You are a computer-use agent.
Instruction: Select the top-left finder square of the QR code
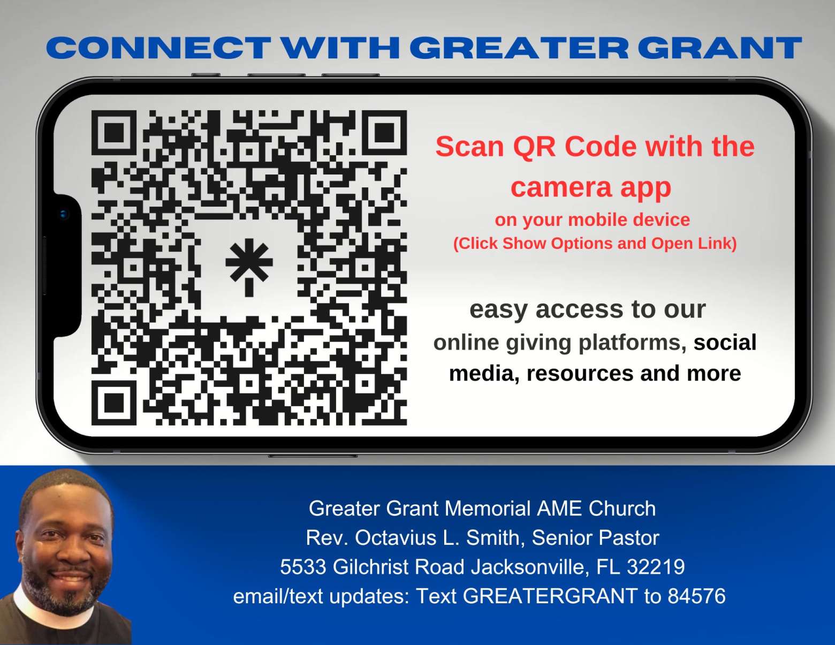click(113, 133)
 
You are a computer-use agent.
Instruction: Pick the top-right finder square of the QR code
click(384, 133)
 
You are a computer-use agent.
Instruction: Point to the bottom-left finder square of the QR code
click(113, 403)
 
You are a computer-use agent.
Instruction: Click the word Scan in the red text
click(469, 147)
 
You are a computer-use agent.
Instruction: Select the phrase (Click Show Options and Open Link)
click(595, 244)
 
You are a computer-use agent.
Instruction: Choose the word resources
click(580, 374)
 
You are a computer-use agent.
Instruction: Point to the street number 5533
click(303, 567)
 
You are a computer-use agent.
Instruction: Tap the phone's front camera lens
click(64, 214)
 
